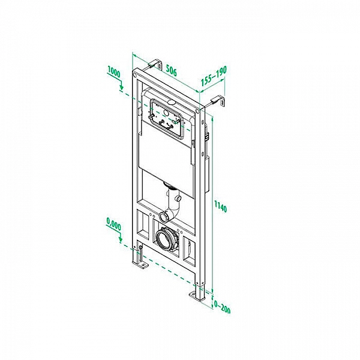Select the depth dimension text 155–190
[x=214, y=75]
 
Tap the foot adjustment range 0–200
[x=222, y=307]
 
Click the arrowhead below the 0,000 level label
[x=122, y=241]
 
